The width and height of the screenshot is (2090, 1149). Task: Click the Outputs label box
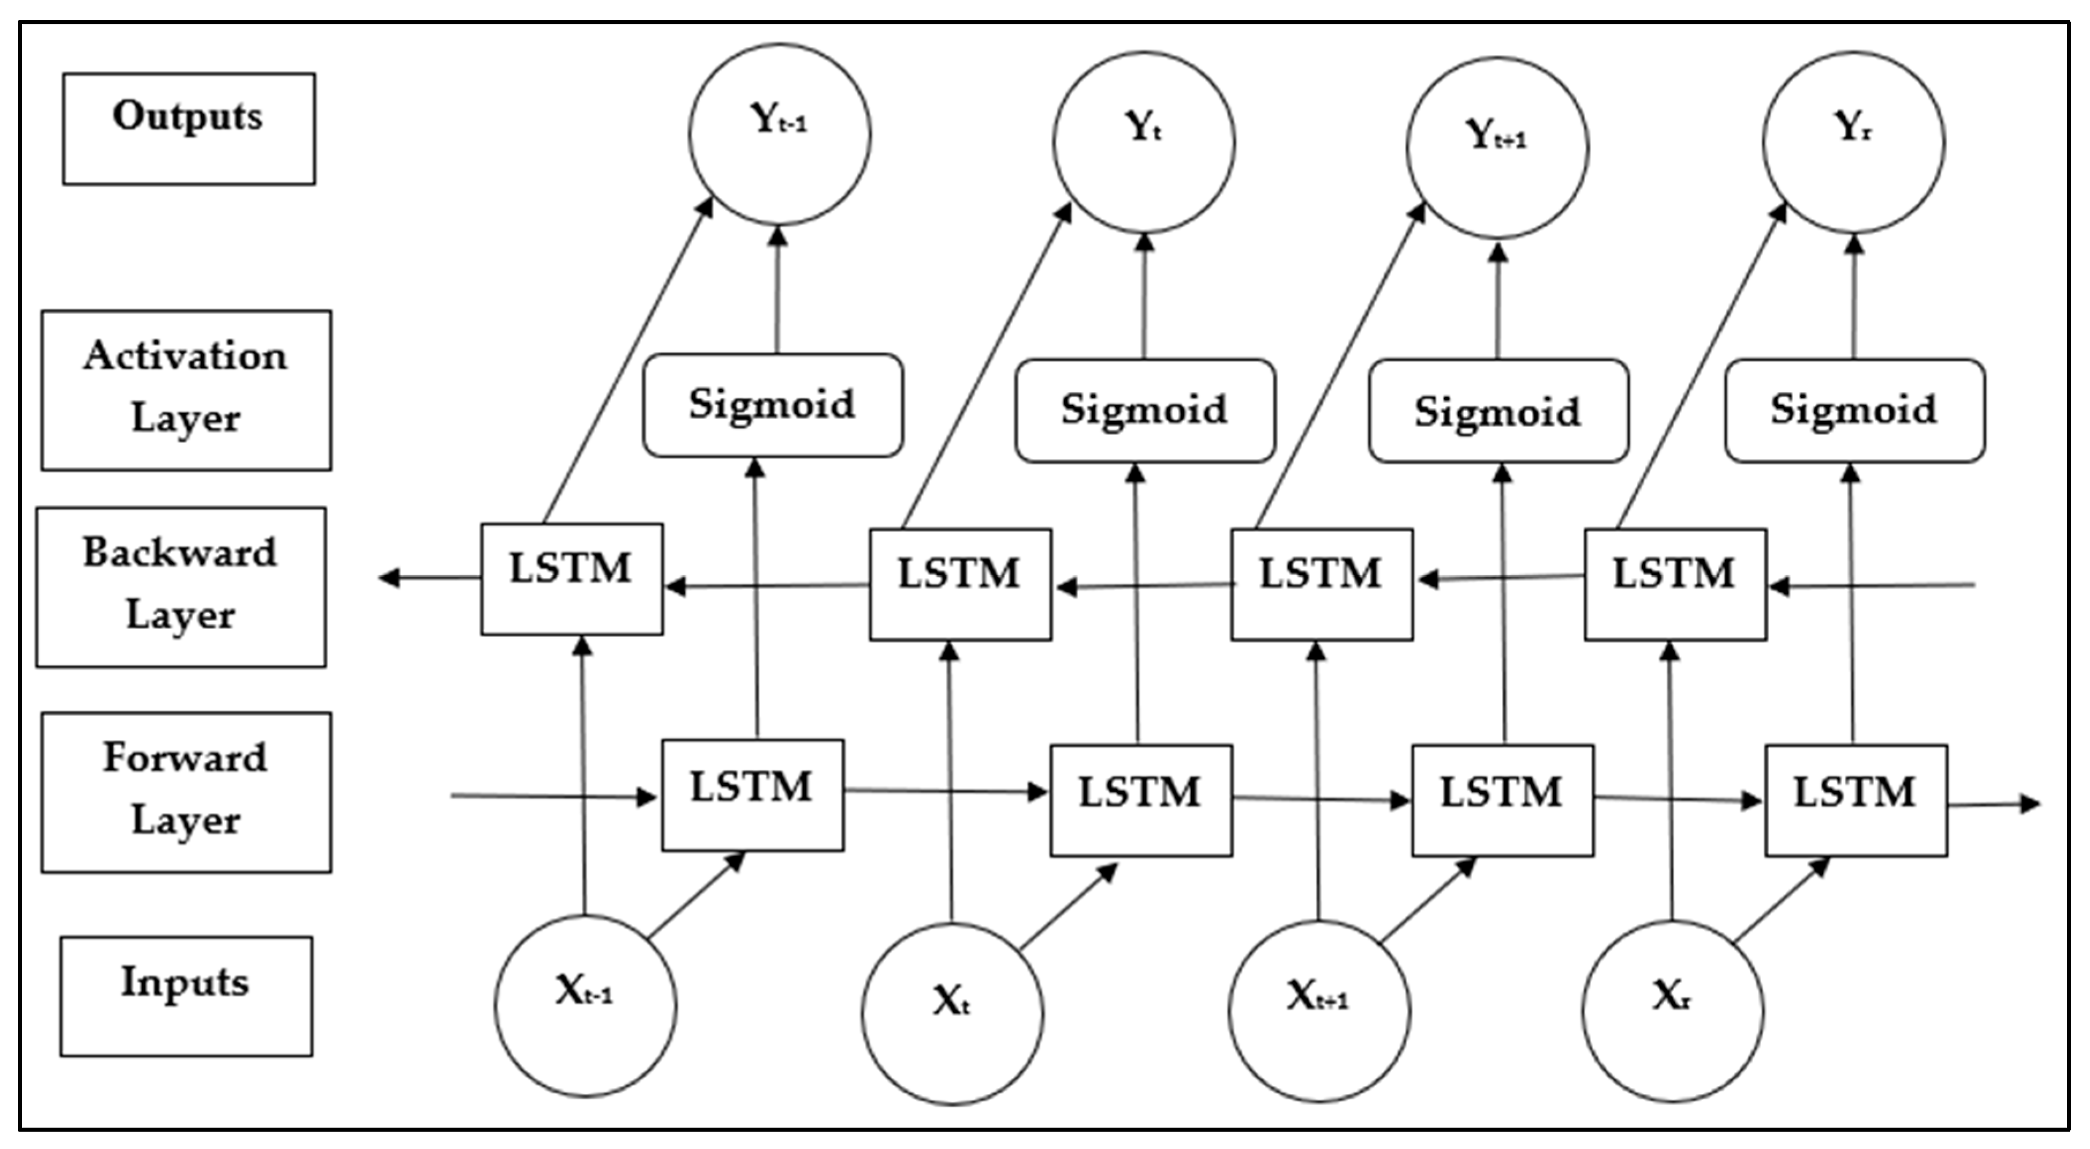[x=189, y=129]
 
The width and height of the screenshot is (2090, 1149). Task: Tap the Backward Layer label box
[x=181, y=587]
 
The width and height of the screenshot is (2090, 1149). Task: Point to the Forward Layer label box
[x=187, y=793]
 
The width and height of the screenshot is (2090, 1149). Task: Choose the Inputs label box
[x=186, y=996]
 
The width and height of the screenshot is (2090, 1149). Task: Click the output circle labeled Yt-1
[x=780, y=135]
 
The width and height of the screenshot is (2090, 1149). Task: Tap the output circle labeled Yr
[x=1854, y=142]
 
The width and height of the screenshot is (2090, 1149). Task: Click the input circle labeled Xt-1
[x=585, y=1006]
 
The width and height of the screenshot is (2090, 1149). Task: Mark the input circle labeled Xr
[x=1672, y=1011]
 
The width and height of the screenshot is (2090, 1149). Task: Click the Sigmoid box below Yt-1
[x=772, y=405]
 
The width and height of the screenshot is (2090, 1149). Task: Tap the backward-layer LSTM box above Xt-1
[x=571, y=579]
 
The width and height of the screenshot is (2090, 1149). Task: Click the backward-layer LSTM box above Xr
[x=1675, y=584]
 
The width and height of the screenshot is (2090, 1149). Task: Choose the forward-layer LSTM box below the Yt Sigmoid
[x=1141, y=800]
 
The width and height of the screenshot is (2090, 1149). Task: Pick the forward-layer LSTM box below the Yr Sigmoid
[x=1857, y=800]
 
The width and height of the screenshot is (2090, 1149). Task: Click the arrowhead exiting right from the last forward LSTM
[x=2030, y=804]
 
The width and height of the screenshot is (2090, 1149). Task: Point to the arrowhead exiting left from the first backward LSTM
[x=389, y=578]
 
